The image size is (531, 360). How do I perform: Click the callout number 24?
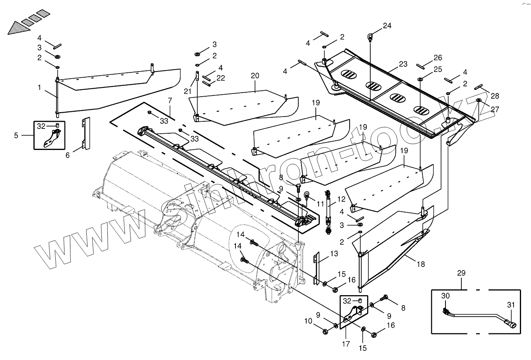click(x=387, y=26)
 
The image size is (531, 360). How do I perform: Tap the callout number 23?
click(x=403, y=64)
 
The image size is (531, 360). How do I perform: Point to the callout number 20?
click(x=255, y=76)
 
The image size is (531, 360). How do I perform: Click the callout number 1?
click(x=39, y=88)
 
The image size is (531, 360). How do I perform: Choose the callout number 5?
click(x=16, y=135)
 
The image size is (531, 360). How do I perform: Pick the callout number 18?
click(x=421, y=264)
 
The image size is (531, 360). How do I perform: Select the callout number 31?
click(x=511, y=305)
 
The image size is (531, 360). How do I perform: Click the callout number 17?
click(x=346, y=344)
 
